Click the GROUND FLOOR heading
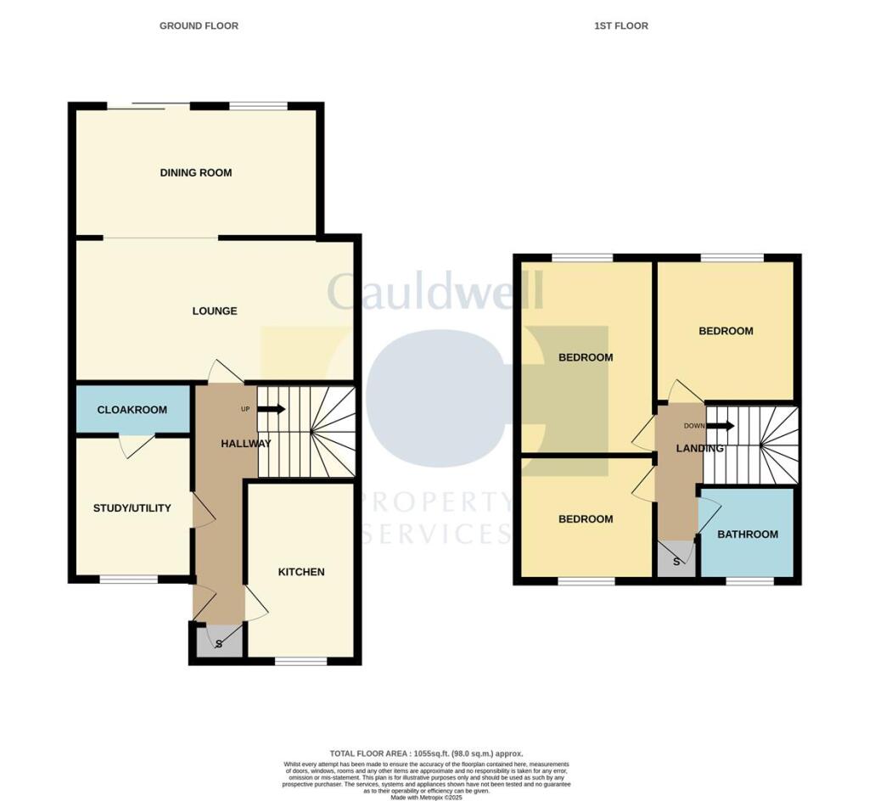point(199,26)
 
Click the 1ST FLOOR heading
point(620,26)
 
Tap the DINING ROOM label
point(196,173)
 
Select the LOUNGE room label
point(214,311)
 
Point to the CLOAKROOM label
point(132,410)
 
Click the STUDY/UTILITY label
point(132,508)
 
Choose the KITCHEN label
point(301,572)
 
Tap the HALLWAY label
point(246,444)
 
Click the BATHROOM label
point(748,535)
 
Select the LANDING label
point(700,448)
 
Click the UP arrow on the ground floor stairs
point(271,409)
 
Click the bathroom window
point(749,582)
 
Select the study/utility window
point(128,580)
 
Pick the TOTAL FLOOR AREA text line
point(427,753)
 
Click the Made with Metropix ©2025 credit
point(427,798)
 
